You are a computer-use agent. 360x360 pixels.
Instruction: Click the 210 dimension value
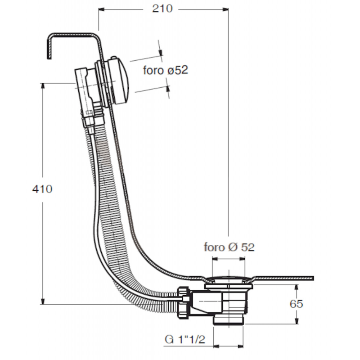(162, 9)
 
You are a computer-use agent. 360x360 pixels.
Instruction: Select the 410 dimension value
(42, 189)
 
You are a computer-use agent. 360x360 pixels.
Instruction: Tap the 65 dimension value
(296, 304)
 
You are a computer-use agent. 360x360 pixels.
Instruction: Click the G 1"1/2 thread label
(185, 339)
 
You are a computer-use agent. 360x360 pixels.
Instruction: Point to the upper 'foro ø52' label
(166, 70)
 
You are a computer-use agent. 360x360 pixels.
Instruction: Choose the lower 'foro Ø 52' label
(229, 247)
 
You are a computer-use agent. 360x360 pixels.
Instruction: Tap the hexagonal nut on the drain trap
(184, 302)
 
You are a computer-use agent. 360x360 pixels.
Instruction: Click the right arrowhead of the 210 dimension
(225, 9)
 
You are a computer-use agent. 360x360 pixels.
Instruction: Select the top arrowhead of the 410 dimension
(42, 86)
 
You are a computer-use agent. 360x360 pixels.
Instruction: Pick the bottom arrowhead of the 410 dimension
(42, 301)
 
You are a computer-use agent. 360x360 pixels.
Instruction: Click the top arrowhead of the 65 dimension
(297, 288)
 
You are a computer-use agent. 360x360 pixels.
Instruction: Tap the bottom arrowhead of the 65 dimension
(297, 321)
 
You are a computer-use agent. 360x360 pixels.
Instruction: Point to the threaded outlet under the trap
(229, 320)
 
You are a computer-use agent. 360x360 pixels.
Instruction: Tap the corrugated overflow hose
(110, 207)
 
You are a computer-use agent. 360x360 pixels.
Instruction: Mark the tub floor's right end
(313, 278)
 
